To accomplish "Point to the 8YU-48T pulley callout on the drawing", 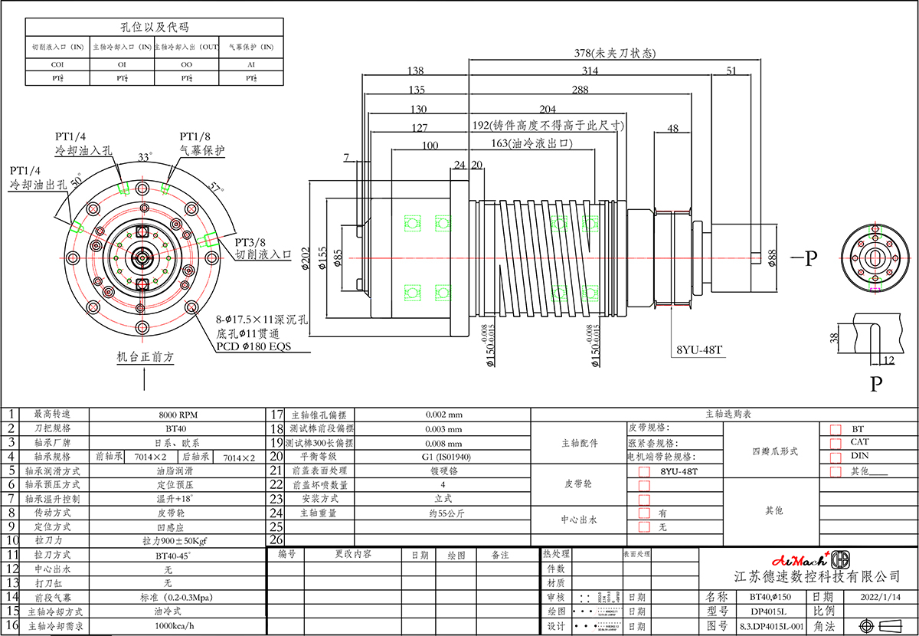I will point(699,350).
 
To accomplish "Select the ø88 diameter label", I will point(772,257).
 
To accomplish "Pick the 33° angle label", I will point(143,156).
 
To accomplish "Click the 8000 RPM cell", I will point(177,415).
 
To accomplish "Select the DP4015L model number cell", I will point(765,611).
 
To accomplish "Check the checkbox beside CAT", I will point(836,443).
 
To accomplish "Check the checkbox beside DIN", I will point(836,457).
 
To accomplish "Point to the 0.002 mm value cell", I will point(443,415).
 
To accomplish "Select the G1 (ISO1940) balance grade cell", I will point(443,457).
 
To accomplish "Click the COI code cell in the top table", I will point(57,65).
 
